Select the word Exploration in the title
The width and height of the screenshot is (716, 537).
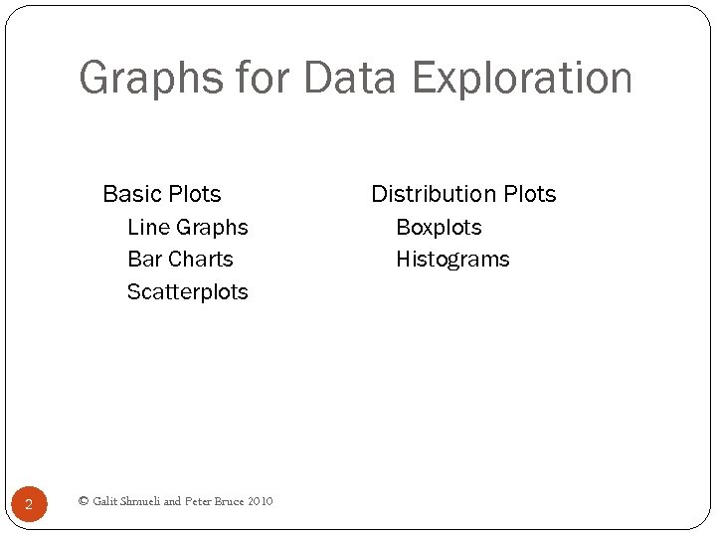click(522, 79)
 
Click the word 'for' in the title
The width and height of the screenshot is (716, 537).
click(262, 79)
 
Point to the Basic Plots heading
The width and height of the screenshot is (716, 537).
click(161, 194)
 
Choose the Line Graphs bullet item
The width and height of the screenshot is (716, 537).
click(187, 228)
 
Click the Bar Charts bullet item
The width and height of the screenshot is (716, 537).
click(180, 260)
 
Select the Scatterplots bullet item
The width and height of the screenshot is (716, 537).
click(187, 292)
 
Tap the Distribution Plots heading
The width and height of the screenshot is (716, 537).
click(463, 194)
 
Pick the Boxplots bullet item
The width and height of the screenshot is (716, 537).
click(439, 228)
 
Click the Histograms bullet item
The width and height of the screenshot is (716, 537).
click(452, 260)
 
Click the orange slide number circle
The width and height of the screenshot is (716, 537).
click(29, 504)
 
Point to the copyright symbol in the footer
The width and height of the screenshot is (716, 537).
click(84, 501)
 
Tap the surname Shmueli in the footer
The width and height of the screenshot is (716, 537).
click(140, 501)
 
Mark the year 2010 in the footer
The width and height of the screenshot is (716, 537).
click(262, 501)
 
